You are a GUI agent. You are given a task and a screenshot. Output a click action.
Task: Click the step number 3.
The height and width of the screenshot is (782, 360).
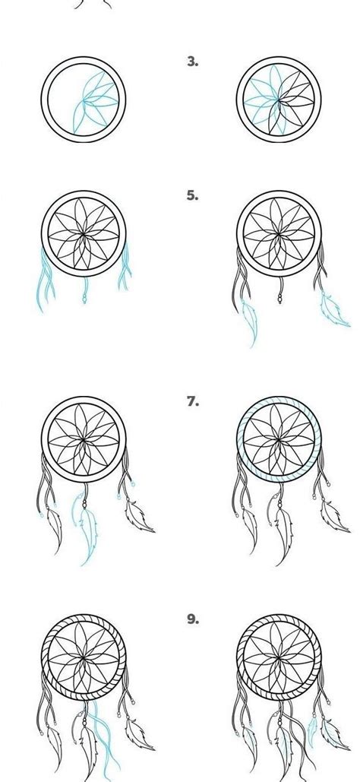click(x=192, y=62)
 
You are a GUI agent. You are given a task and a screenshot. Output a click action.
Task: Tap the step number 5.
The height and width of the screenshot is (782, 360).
click(x=192, y=195)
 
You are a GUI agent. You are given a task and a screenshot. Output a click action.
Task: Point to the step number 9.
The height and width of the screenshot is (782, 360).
click(x=192, y=619)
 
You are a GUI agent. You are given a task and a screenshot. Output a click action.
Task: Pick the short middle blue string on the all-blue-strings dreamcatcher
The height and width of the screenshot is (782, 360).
click(x=84, y=289)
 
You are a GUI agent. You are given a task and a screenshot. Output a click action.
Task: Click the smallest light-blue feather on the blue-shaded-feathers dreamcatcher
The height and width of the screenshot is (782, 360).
click(x=311, y=730)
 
